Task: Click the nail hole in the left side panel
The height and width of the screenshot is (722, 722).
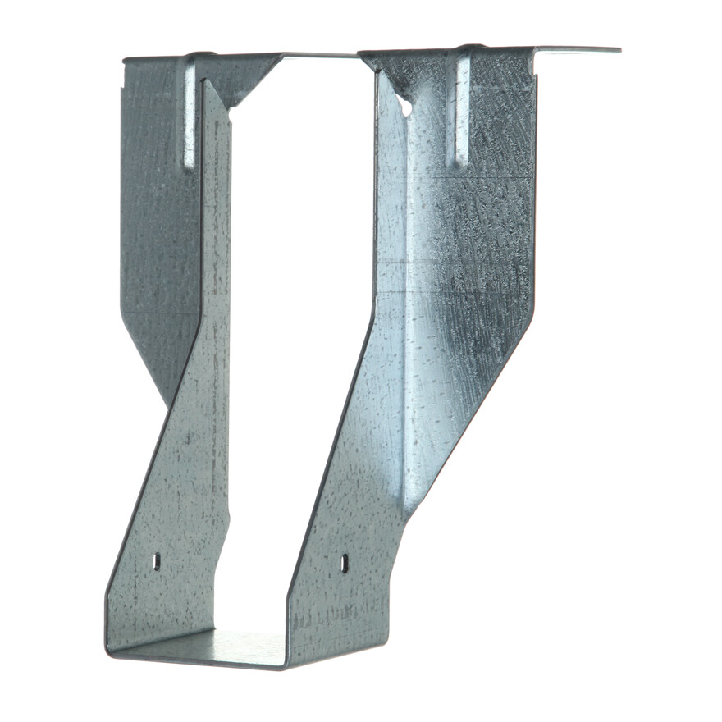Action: pyautogui.click(x=156, y=561)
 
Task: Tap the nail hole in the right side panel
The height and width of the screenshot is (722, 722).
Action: pyautogui.click(x=345, y=563)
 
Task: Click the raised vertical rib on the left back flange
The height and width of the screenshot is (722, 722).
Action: pyautogui.click(x=190, y=115)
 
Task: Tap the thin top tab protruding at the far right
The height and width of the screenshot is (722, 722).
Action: pyautogui.click(x=578, y=51)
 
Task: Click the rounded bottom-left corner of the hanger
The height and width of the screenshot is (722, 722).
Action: pyautogui.click(x=110, y=648)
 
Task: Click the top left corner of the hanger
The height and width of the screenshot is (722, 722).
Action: pyautogui.click(x=125, y=60)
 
